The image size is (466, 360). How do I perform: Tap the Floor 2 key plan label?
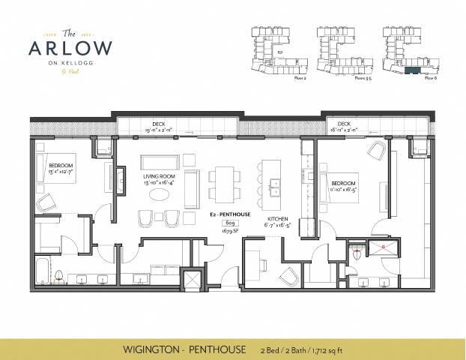[300, 77]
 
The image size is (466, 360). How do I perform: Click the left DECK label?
[159, 124]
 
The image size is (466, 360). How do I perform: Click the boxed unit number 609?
[224, 223]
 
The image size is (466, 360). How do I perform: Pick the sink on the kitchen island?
[275, 182]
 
